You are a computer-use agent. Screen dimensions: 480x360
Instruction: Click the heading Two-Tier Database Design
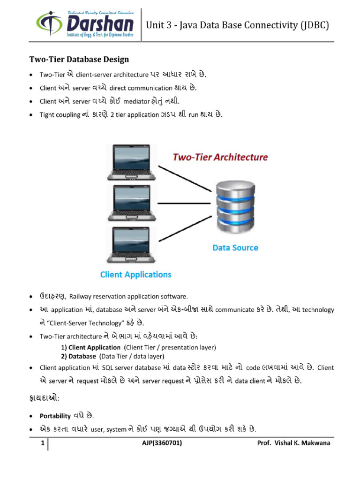(79, 60)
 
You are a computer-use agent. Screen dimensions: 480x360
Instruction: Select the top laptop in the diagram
(131, 162)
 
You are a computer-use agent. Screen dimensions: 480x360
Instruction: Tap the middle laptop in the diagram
(131, 202)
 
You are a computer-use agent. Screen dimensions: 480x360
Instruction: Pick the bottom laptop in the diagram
(131, 245)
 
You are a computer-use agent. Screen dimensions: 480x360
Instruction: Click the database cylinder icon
(234, 205)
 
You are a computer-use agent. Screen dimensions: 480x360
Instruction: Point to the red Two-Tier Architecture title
(220, 157)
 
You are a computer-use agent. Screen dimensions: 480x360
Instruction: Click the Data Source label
(235, 247)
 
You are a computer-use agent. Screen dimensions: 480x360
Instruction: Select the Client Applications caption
(135, 275)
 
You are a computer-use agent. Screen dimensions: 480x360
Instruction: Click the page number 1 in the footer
(42, 443)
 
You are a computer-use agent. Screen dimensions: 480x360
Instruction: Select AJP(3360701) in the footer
(162, 443)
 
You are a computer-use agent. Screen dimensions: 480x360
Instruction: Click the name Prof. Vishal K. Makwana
(294, 443)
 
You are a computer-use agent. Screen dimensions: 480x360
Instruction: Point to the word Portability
(55, 416)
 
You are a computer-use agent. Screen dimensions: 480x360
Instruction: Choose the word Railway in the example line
(81, 296)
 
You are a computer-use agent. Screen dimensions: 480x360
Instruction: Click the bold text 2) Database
(78, 356)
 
